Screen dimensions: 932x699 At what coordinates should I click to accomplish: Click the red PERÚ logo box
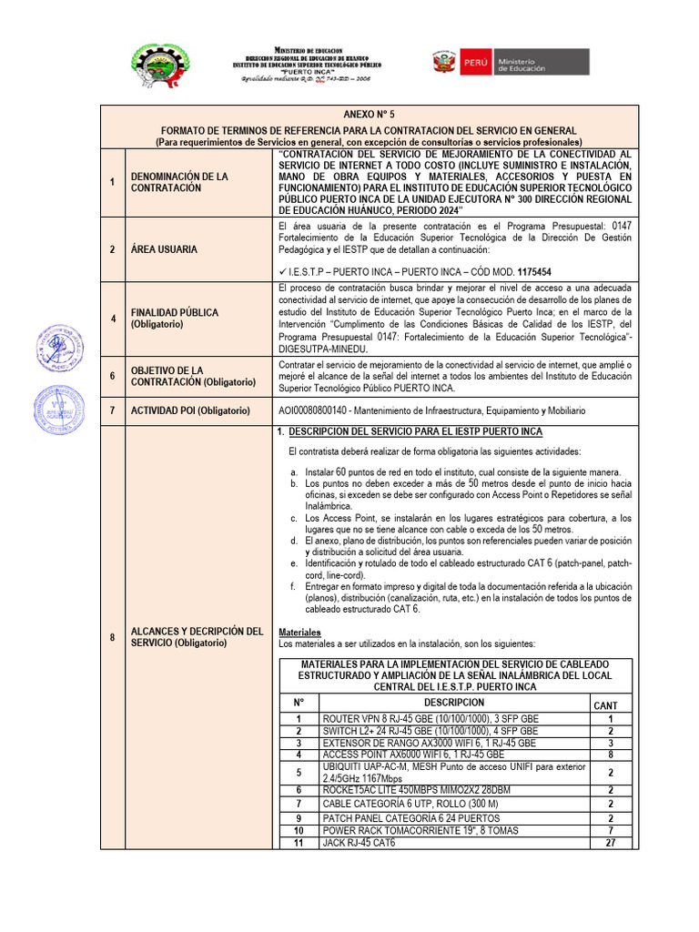coord(475,62)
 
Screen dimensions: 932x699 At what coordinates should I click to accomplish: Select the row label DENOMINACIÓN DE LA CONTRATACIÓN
coord(179,182)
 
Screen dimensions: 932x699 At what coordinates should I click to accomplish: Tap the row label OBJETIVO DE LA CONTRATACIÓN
coord(189,376)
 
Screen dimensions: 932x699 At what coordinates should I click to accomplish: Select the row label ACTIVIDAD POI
coord(189,411)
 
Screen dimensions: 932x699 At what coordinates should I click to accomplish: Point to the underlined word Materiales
coord(299,632)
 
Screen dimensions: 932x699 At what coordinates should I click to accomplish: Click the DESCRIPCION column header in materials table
coord(453,703)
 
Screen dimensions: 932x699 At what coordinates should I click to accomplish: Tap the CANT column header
coord(605,705)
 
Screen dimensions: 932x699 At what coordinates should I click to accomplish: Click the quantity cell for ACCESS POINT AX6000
coord(610,755)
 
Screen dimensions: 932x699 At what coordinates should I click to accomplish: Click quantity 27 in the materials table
coord(610,843)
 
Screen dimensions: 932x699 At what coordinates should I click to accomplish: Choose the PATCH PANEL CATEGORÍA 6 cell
coord(398,818)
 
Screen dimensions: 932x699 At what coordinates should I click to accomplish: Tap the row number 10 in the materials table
coord(298,831)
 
